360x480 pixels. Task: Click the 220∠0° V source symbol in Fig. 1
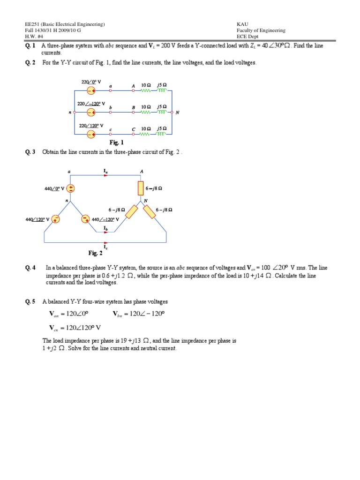91,91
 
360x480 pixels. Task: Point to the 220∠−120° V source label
91,104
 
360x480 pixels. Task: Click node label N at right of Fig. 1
177,112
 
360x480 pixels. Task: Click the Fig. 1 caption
116,142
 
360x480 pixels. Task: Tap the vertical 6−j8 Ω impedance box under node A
140,188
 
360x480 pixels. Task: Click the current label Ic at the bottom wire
105,247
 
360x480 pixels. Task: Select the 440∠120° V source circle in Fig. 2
55,219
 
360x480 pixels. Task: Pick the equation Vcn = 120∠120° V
75,328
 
